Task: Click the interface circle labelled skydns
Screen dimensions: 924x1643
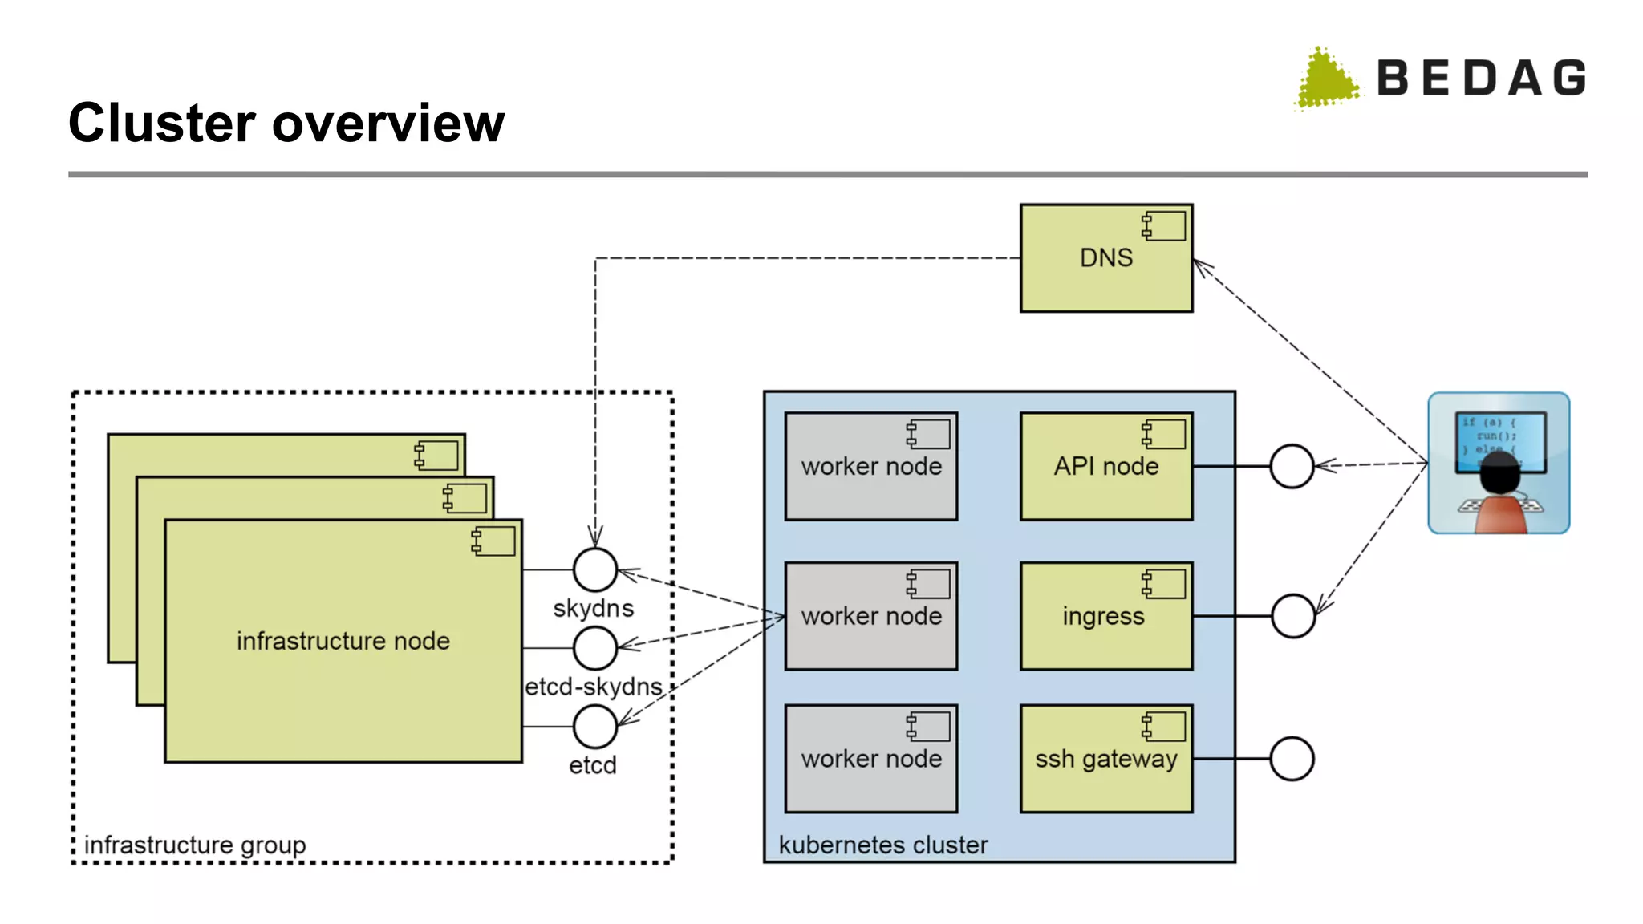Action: [594, 569]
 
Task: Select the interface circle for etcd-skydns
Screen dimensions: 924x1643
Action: [594, 647]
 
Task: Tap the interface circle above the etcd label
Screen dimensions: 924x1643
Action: [594, 726]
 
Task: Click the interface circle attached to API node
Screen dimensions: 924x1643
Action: [1292, 466]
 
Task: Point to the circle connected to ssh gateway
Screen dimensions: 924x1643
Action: [1292, 759]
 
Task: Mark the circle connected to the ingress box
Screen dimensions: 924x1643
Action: [1292, 616]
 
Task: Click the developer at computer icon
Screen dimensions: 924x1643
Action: [1499, 463]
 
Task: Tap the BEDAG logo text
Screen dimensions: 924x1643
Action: [1481, 78]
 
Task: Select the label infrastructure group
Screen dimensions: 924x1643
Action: [195, 845]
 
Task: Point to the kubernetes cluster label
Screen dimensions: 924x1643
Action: [882, 845]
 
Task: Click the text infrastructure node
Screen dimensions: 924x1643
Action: [343, 641]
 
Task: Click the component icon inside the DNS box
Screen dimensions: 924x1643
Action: [1163, 226]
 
